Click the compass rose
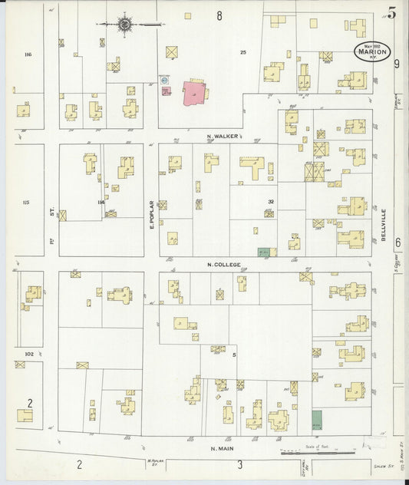tap(124, 25)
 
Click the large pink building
tap(196, 94)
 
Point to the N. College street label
tap(224, 265)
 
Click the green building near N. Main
tap(317, 420)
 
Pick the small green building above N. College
tap(265, 252)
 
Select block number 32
tap(270, 202)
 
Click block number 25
tap(243, 52)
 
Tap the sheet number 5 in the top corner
tap(392, 12)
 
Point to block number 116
tap(29, 54)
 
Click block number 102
tap(29, 354)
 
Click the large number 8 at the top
tap(219, 15)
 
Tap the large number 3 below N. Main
tap(239, 464)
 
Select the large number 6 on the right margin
tap(397, 242)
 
